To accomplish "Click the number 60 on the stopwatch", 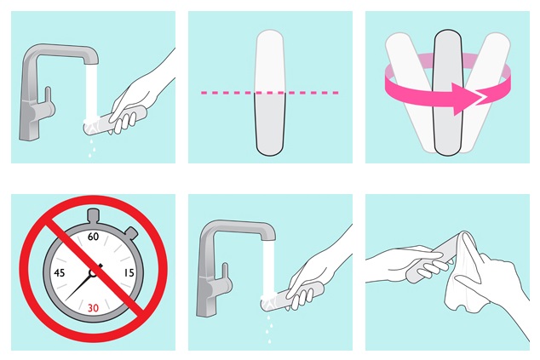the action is pyautogui.click(x=93, y=237).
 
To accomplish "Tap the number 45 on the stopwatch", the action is pyautogui.click(x=60, y=273).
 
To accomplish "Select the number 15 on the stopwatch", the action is pyautogui.click(x=129, y=273).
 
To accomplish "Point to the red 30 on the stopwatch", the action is pyautogui.click(x=93, y=308).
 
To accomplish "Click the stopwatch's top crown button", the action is pyautogui.click(x=94, y=215).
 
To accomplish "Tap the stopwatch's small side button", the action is pyautogui.click(x=131, y=232).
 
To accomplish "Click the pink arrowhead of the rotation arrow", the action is pyautogui.click(x=464, y=99).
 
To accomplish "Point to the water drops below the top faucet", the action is pyautogui.click(x=92, y=148).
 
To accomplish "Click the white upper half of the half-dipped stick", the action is pyautogui.click(x=270, y=61).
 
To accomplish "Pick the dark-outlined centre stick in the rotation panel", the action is pyautogui.click(x=447, y=93).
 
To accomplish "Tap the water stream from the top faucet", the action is pyautogui.click(x=91, y=92).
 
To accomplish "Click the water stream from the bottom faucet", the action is pyautogui.click(x=268, y=268).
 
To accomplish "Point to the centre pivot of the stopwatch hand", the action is pyautogui.click(x=93, y=273).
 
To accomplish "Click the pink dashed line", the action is pyautogui.click(x=270, y=93).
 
